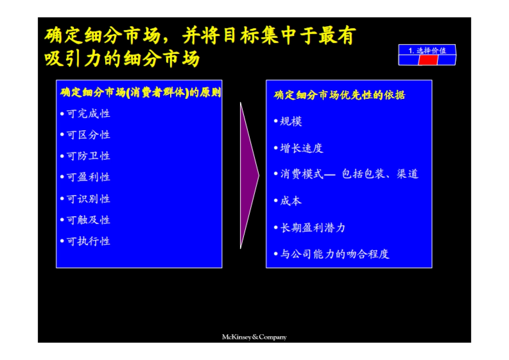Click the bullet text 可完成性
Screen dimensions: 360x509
[x=88, y=114]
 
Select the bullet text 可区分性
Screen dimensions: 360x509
[x=88, y=135]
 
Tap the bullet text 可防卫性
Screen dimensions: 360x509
[x=88, y=156]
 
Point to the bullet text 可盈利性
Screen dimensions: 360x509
[x=88, y=177]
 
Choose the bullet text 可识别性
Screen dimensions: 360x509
[x=88, y=199]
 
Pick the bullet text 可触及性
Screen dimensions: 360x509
[x=88, y=220]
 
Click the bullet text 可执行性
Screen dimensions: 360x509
[x=88, y=241]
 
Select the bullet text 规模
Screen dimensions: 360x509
[x=291, y=122]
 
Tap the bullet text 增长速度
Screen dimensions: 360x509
[x=302, y=148]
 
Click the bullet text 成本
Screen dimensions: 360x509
[x=291, y=201]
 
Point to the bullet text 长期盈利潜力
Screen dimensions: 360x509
[x=313, y=228]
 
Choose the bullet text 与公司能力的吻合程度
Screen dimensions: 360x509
[x=335, y=254]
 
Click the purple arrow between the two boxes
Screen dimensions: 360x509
[x=248, y=175]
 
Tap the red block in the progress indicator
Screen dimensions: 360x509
[x=428, y=60]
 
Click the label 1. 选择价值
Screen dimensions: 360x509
[x=427, y=50]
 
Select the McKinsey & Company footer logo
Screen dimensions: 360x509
[x=254, y=337]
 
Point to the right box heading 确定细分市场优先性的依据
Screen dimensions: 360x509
[x=339, y=95]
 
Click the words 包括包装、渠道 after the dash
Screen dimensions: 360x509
[x=380, y=174]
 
